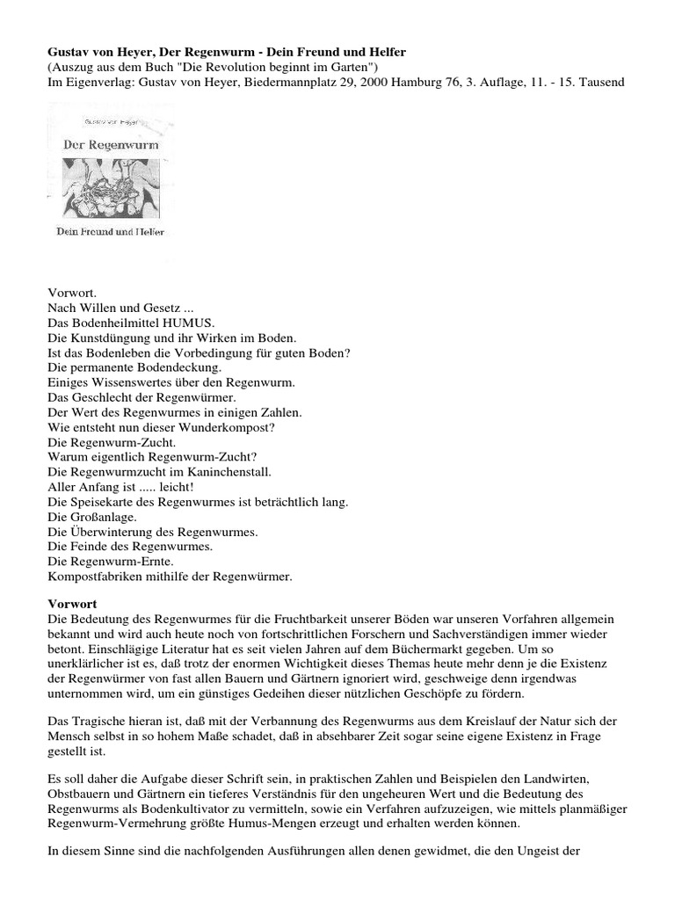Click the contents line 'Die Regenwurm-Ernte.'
[x=110, y=561]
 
